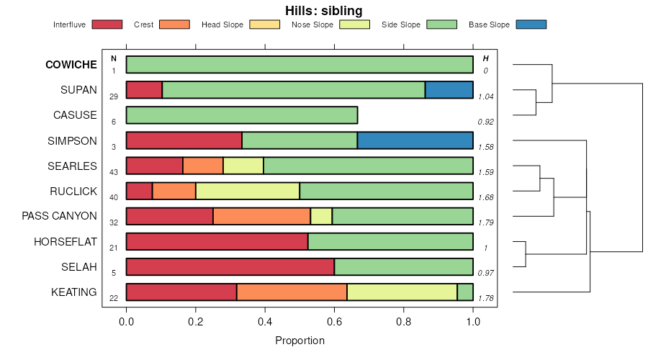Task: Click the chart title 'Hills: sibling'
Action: click(x=323, y=10)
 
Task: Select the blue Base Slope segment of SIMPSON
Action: click(x=415, y=140)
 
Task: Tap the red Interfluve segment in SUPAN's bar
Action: click(x=144, y=90)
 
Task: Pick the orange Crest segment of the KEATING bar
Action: click(x=292, y=292)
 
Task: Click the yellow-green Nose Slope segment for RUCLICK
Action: click(x=248, y=191)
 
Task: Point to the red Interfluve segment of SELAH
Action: click(x=230, y=266)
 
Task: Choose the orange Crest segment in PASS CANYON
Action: click(x=261, y=216)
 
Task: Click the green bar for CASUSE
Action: click(x=242, y=115)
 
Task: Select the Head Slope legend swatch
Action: click(x=264, y=24)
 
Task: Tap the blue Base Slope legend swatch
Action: click(x=531, y=24)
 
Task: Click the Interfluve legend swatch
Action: click(x=107, y=24)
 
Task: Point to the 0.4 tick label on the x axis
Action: click(x=265, y=322)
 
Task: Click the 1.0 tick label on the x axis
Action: click(x=473, y=322)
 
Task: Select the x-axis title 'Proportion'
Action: click(x=300, y=340)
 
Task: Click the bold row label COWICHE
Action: click(x=71, y=65)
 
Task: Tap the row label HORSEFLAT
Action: click(x=65, y=242)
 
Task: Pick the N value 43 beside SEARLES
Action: click(x=114, y=172)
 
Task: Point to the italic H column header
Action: click(x=485, y=58)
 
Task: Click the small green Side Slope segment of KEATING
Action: click(x=465, y=292)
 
